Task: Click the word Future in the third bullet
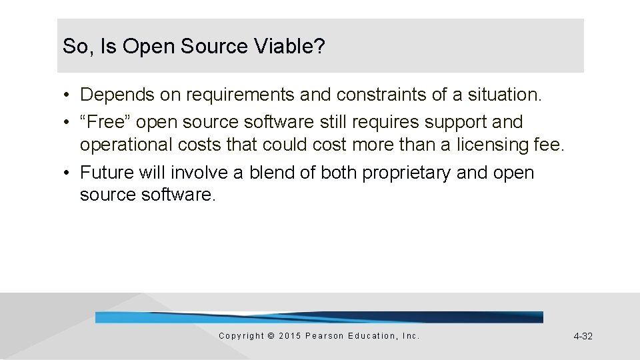pos(107,173)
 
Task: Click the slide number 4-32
pos(583,336)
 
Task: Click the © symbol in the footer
pos(270,336)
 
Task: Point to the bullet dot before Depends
pos(69,95)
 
